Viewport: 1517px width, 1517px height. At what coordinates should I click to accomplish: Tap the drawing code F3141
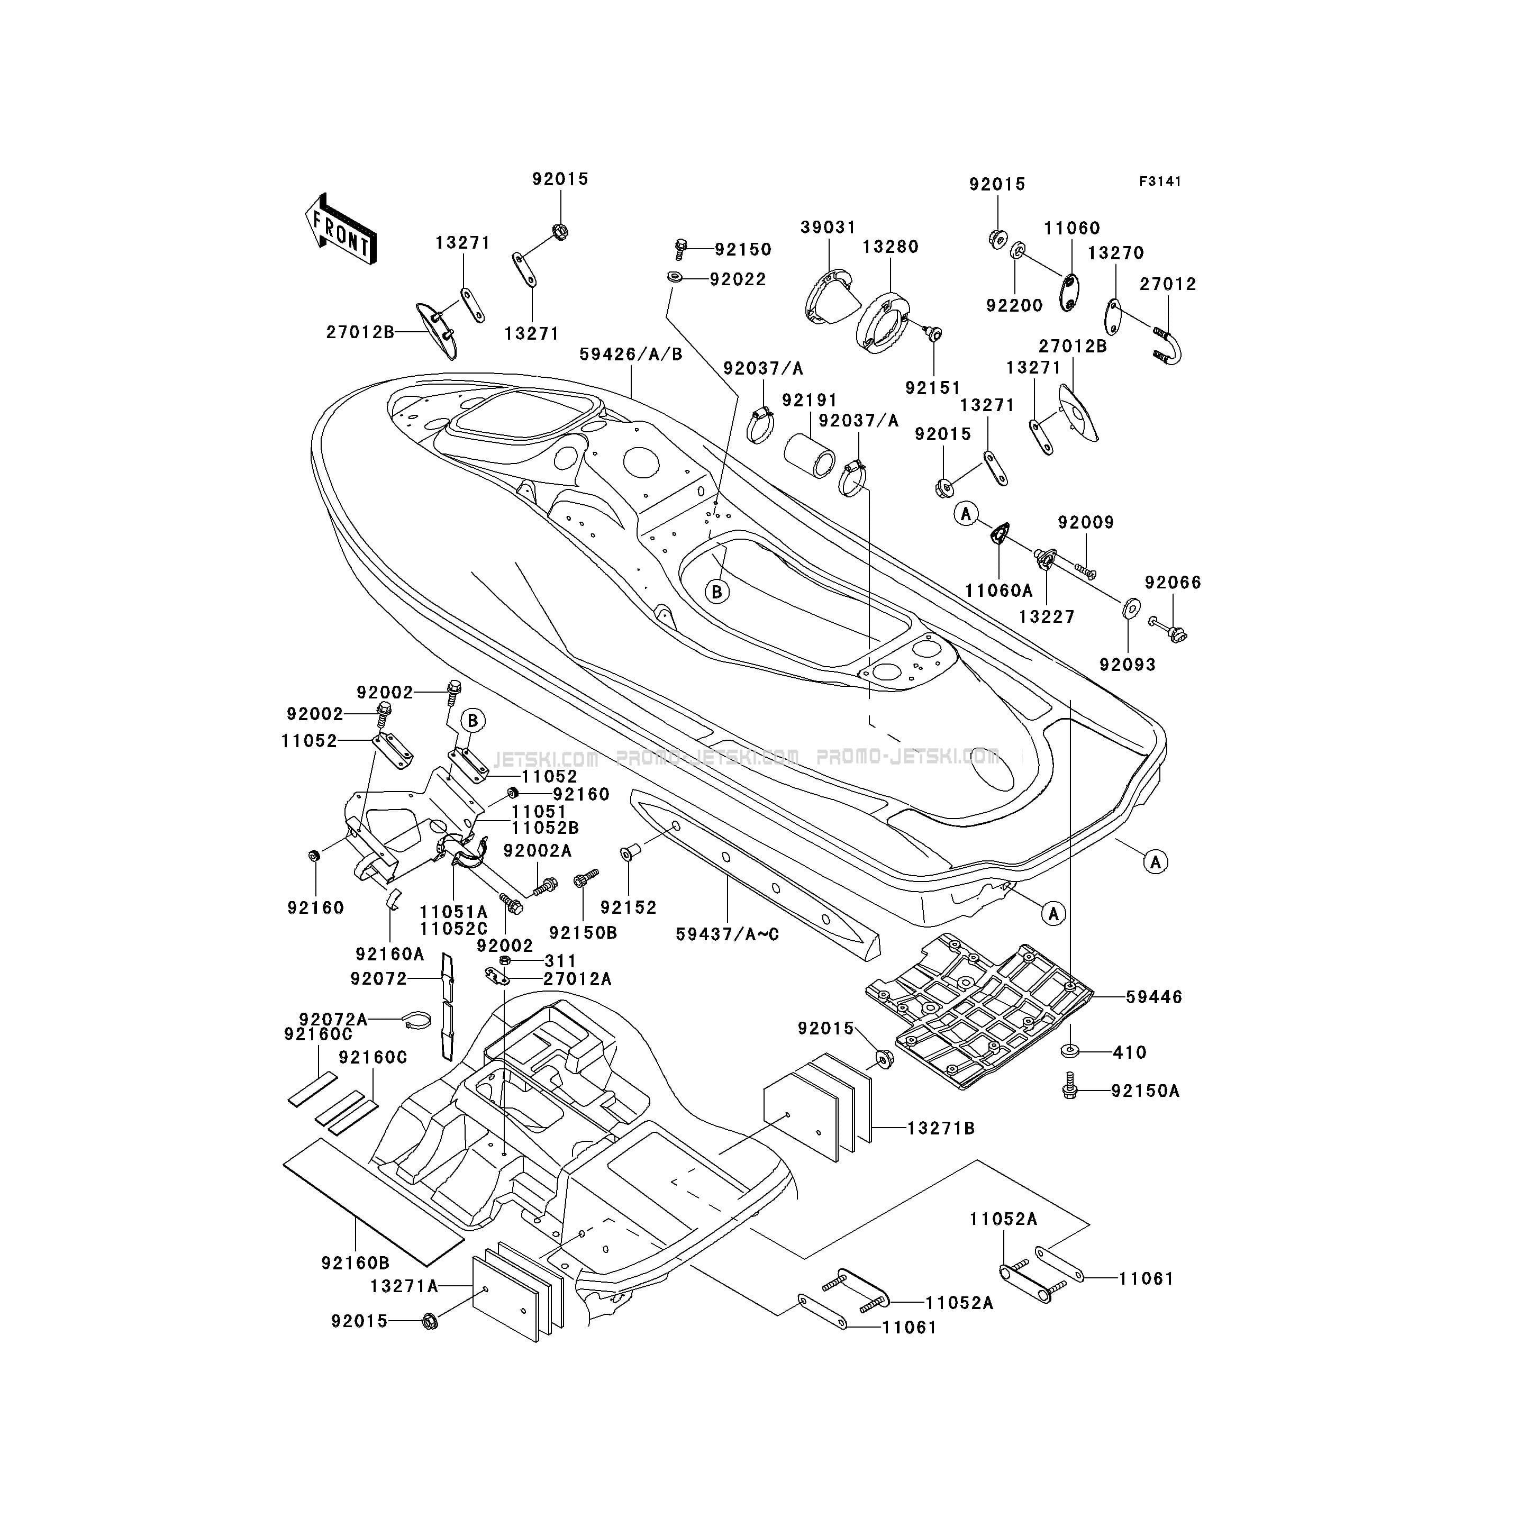(x=1160, y=181)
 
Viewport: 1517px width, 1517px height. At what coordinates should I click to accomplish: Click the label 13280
(x=891, y=247)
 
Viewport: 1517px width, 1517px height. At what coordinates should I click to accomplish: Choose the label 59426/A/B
(x=631, y=354)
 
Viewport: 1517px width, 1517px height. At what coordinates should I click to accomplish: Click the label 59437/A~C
(x=728, y=934)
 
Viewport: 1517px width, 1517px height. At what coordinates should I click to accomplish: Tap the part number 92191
(x=810, y=401)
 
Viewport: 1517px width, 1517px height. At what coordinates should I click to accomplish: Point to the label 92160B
(x=356, y=1262)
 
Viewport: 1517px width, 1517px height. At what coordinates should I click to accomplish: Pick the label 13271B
(x=941, y=1128)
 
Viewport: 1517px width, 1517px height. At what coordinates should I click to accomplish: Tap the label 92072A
(x=333, y=1019)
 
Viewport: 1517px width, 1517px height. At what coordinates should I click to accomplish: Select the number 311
(x=561, y=961)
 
